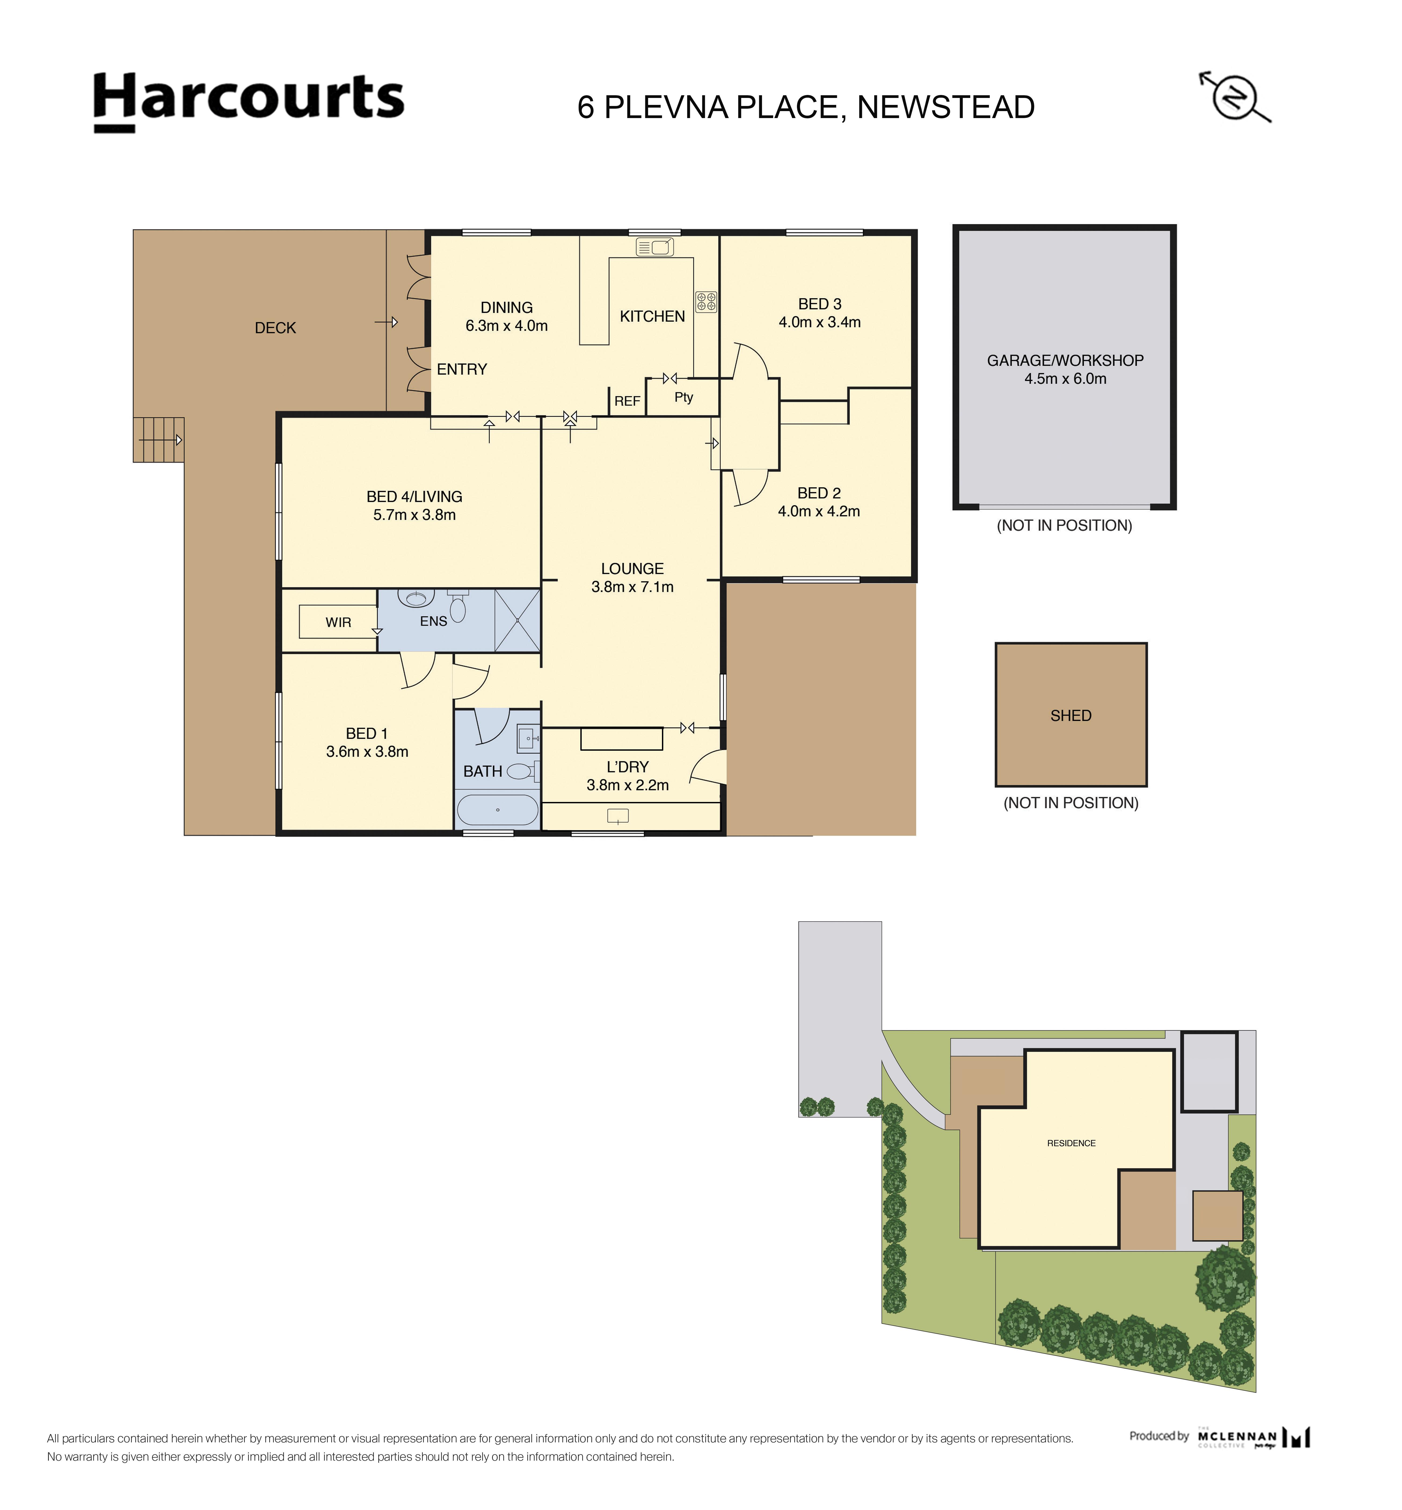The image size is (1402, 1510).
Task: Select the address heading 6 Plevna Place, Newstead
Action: [x=806, y=107]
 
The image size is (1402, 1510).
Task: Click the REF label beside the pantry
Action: [x=627, y=401]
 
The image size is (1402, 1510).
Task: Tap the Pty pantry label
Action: [x=683, y=397]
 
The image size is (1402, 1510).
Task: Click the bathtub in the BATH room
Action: [x=497, y=810]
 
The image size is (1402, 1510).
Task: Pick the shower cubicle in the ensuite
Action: [x=518, y=620]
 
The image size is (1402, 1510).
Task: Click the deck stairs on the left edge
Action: [x=158, y=440]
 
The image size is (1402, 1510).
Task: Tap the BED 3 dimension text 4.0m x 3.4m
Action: [x=819, y=322]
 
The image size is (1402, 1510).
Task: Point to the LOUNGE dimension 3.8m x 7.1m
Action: [x=632, y=587]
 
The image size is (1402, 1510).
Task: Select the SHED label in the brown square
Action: [x=1070, y=716]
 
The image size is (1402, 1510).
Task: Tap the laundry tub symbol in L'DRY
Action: [x=618, y=816]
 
